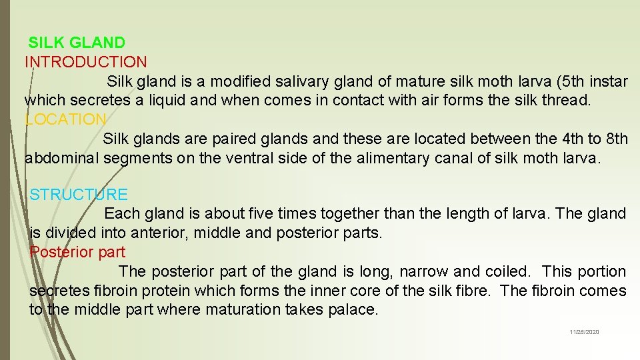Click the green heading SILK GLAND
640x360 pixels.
coord(77,43)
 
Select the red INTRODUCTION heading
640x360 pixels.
coord(86,63)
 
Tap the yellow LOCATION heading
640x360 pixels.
coord(65,120)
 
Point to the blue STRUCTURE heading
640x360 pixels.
coord(79,195)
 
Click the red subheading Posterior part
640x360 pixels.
coord(77,253)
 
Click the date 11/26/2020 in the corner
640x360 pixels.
coord(584,332)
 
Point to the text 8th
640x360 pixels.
coord(617,139)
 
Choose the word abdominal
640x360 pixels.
coord(62,159)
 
